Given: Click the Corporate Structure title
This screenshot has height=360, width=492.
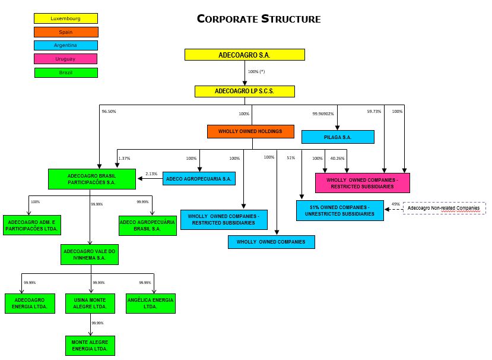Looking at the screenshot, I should pyautogui.click(x=259, y=19).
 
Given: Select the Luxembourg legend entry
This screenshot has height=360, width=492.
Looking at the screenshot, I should pyautogui.click(x=66, y=18).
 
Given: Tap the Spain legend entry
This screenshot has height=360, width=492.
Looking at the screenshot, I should pyautogui.click(x=66, y=32).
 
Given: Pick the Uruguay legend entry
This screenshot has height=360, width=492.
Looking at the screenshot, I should pyautogui.click(x=66, y=59).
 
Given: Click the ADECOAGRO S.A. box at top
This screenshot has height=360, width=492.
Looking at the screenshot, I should pyautogui.click(x=245, y=55).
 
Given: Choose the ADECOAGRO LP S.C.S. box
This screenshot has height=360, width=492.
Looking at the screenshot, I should pyautogui.click(x=245, y=91).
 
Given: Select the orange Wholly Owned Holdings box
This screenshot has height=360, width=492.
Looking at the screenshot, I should pyautogui.click(x=251, y=131).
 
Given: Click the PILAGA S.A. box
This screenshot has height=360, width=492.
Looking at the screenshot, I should pyautogui.click(x=338, y=137).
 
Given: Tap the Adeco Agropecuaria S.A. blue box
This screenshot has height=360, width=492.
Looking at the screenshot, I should pyautogui.click(x=199, y=178).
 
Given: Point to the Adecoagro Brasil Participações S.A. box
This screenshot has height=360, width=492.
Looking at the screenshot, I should pyautogui.click(x=92, y=179).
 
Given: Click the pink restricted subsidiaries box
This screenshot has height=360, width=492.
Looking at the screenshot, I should pyautogui.click(x=362, y=182).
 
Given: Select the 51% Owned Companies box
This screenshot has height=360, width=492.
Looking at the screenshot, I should pyautogui.click(x=339, y=210).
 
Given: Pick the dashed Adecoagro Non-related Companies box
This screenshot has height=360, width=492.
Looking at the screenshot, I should pyautogui.click(x=445, y=209).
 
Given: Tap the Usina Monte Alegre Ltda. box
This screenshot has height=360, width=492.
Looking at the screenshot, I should pyautogui.click(x=90, y=303).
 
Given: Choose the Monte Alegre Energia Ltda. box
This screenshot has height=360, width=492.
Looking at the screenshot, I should pyautogui.click(x=90, y=346).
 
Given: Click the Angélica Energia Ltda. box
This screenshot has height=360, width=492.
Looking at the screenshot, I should pyautogui.click(x=151, y=303).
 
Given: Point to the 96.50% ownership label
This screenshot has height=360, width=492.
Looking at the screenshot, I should pyautogui.click(x=109, y=111).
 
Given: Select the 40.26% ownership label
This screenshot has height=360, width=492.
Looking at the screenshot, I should pyautogui.click(x=337, y=158).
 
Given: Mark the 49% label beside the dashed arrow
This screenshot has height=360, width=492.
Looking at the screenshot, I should pyautogui.click(x=395, y=204).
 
